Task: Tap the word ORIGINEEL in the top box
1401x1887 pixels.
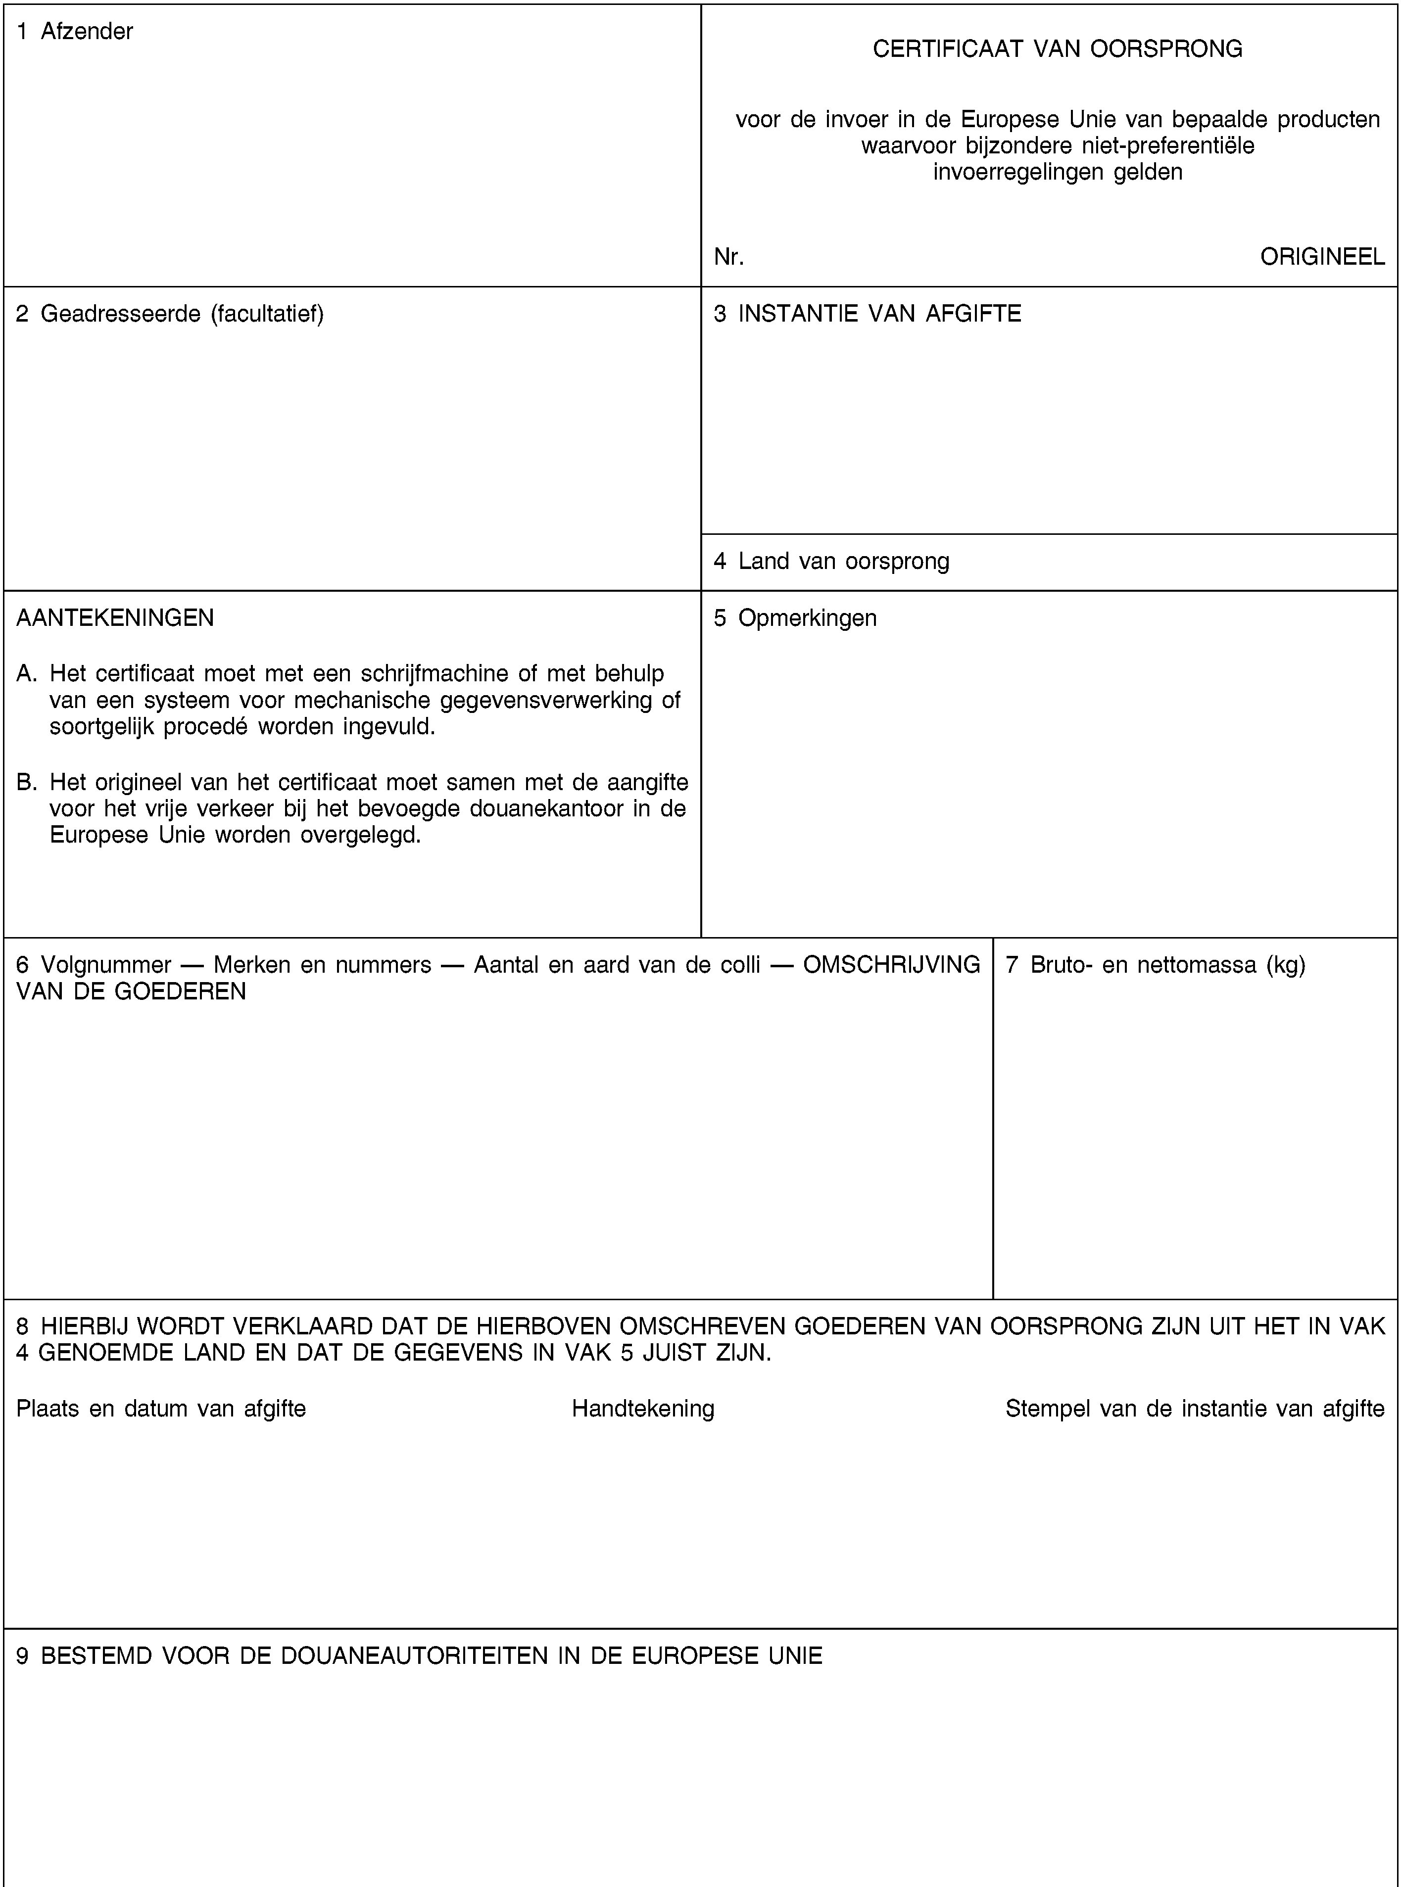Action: click(1322, 256)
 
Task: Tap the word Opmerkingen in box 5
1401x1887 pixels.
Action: click(807, 618)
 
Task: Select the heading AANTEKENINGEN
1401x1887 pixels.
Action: click(115, 618)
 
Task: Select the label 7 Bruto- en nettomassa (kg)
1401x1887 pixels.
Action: click(1155, 965)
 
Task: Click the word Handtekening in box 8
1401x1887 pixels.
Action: click(643, 1409)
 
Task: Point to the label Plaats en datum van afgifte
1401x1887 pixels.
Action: click(161, 1409)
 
